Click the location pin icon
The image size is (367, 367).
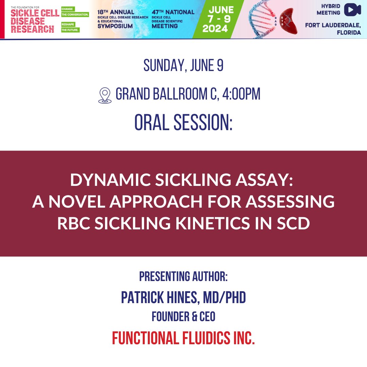point(105,95)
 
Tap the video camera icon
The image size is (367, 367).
point(352,10)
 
